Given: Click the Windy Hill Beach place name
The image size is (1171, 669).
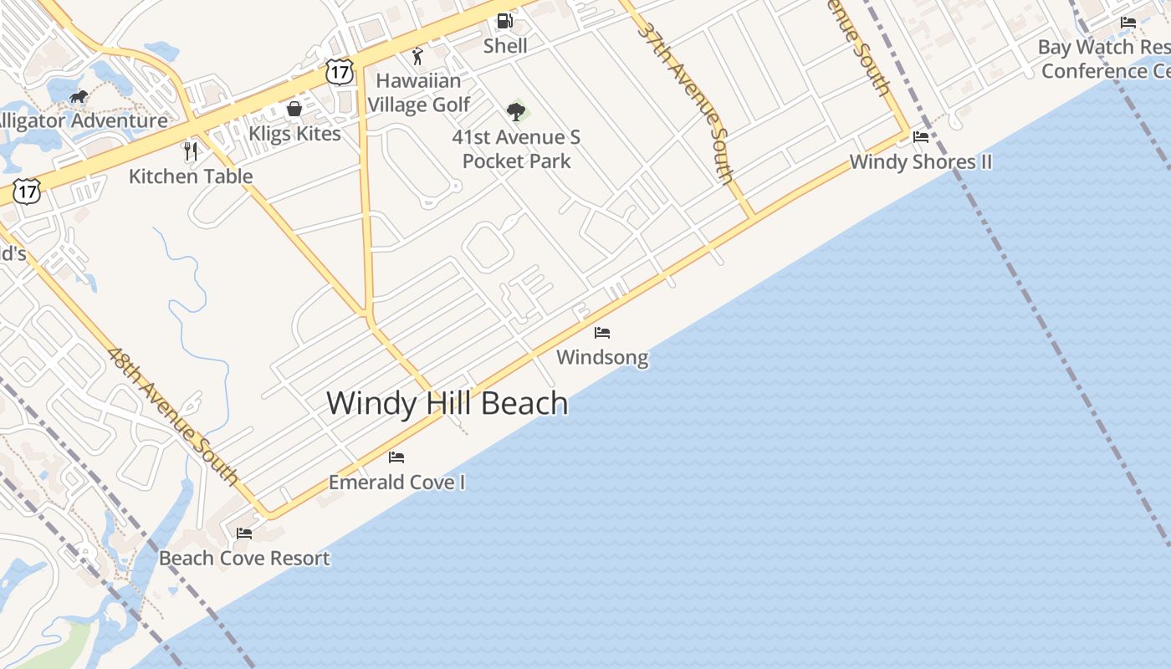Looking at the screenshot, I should click(x=447, y=403).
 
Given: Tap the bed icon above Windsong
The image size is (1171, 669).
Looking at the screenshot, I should click(x=602, y=333).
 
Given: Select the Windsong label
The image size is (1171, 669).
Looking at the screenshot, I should click(x=602, y=358).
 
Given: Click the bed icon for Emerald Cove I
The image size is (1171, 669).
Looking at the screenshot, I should click(x=396, y=457).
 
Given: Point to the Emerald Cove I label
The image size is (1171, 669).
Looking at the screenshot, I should click(x=396, y=483).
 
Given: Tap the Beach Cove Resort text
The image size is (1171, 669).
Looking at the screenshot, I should click(x=244, y=558).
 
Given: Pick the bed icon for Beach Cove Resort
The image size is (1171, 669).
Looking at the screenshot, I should click(x=244, y=533).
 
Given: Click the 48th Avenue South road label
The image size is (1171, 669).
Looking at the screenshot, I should click(x=173, y=415).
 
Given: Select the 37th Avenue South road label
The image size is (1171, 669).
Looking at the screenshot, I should click(x=685, y=101).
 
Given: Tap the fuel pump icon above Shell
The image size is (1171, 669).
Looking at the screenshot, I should click(x=504, y=21).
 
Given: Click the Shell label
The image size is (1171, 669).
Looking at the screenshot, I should click(x=505, y=46).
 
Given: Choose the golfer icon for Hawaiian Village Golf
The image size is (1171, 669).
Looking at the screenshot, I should click(x=417, y=56).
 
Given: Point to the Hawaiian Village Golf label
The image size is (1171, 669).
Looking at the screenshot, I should click(x=418, y=93).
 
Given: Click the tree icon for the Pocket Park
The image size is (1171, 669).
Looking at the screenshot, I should click(x=516, y=111).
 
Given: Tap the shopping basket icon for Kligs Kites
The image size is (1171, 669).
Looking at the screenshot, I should click(x=294, y=109).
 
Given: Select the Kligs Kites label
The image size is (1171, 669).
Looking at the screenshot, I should click(x=294, y=134).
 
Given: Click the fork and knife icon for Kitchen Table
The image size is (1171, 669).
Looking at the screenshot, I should click(x=191, y=151).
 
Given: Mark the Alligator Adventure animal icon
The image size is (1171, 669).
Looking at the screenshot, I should click(x=79, y=97).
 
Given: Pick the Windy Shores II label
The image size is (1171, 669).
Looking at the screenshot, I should click(x=921, y=161).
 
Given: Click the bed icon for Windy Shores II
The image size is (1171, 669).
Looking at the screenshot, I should click(x=921, y=137).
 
